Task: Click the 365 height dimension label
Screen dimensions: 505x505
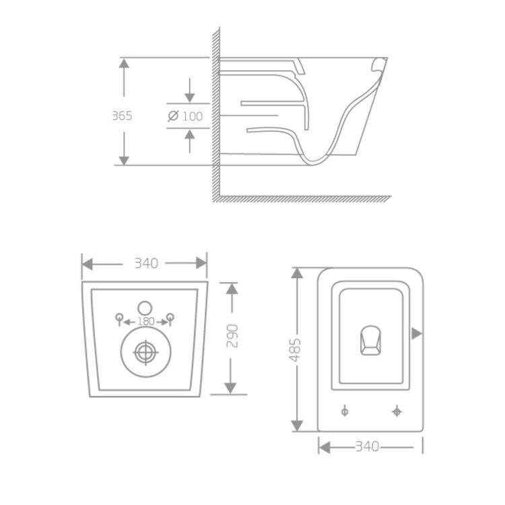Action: [122, 115]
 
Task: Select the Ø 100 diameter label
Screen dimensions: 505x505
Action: [185, 116]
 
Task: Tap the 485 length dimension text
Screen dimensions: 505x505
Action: [296, 350]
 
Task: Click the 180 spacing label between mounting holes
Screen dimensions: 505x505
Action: [145, 321]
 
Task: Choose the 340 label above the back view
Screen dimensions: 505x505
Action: [145, 263]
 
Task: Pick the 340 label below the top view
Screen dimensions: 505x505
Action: [367, 446]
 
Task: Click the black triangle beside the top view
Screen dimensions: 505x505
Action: [417, 333]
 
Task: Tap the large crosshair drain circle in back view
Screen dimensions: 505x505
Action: [144, 351]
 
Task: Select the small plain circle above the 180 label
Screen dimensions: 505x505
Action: [145, 304]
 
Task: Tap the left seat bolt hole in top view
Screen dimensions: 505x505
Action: [345, 410]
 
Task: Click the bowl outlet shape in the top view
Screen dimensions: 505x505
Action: [370, 339]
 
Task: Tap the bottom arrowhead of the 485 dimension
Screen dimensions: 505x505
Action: [297, 425]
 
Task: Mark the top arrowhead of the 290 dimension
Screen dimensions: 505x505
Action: [231, 288]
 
